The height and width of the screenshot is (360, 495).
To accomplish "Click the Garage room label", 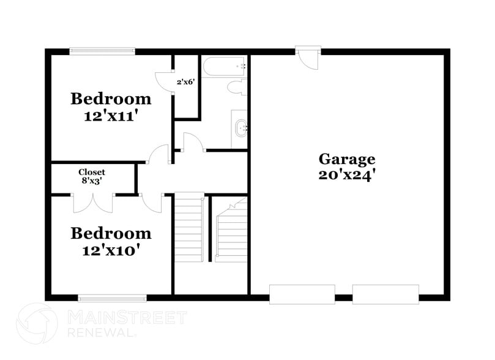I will tap(346, 159).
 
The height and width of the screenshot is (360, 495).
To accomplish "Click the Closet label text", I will tap(92, 173).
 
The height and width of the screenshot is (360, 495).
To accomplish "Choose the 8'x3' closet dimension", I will tap(92, 182).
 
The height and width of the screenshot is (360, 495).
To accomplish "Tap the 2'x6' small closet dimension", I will tap(186, 81).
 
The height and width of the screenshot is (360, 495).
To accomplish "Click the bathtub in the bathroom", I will tap(225, 66).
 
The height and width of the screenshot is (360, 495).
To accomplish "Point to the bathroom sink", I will tap(240, 129).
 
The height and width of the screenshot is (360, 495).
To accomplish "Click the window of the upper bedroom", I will tap(102, 51).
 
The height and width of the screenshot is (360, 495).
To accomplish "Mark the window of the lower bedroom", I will tap(112, 298).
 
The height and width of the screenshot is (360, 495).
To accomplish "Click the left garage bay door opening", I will tap(302, 294).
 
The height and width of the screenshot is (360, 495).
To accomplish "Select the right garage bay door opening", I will tap(385, 294).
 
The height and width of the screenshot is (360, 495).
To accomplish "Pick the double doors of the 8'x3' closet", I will tap(92, 201).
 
